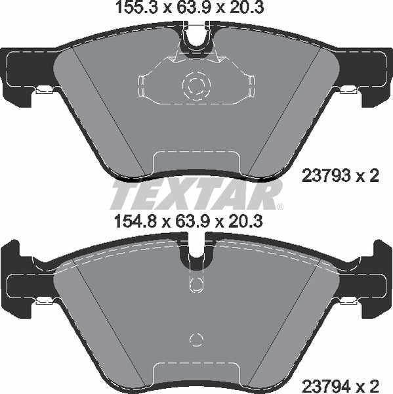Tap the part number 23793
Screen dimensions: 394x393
click(x=323, y=176)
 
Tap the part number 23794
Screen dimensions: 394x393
click(x=323, y=382)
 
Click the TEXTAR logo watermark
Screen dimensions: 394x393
click(x=196, y=194)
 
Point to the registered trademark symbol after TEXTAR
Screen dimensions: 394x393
click(x=279, y=207)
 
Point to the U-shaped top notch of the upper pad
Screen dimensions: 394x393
click(x=196, y=38)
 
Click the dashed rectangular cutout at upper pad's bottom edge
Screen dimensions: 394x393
click(x=195, y=164)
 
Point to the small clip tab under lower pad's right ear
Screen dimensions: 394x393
click(x=348, y=301)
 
